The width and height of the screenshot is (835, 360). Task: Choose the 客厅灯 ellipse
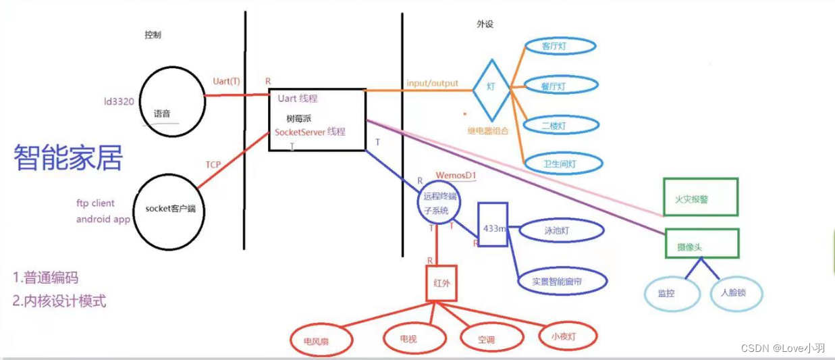pos(560,47)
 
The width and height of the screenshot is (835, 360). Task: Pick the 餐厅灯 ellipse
pos(560,86)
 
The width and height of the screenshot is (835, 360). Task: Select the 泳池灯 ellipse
pos(562,230)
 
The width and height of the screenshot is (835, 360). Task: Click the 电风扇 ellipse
pos(321,340)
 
